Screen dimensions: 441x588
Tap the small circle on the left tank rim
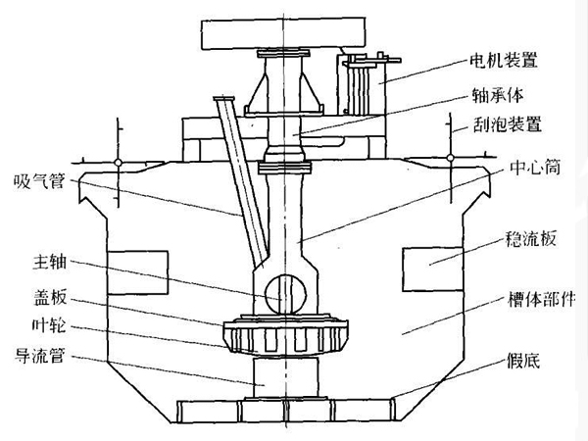(x=117, y=158)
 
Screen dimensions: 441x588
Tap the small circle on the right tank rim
(x=450, y=158)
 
